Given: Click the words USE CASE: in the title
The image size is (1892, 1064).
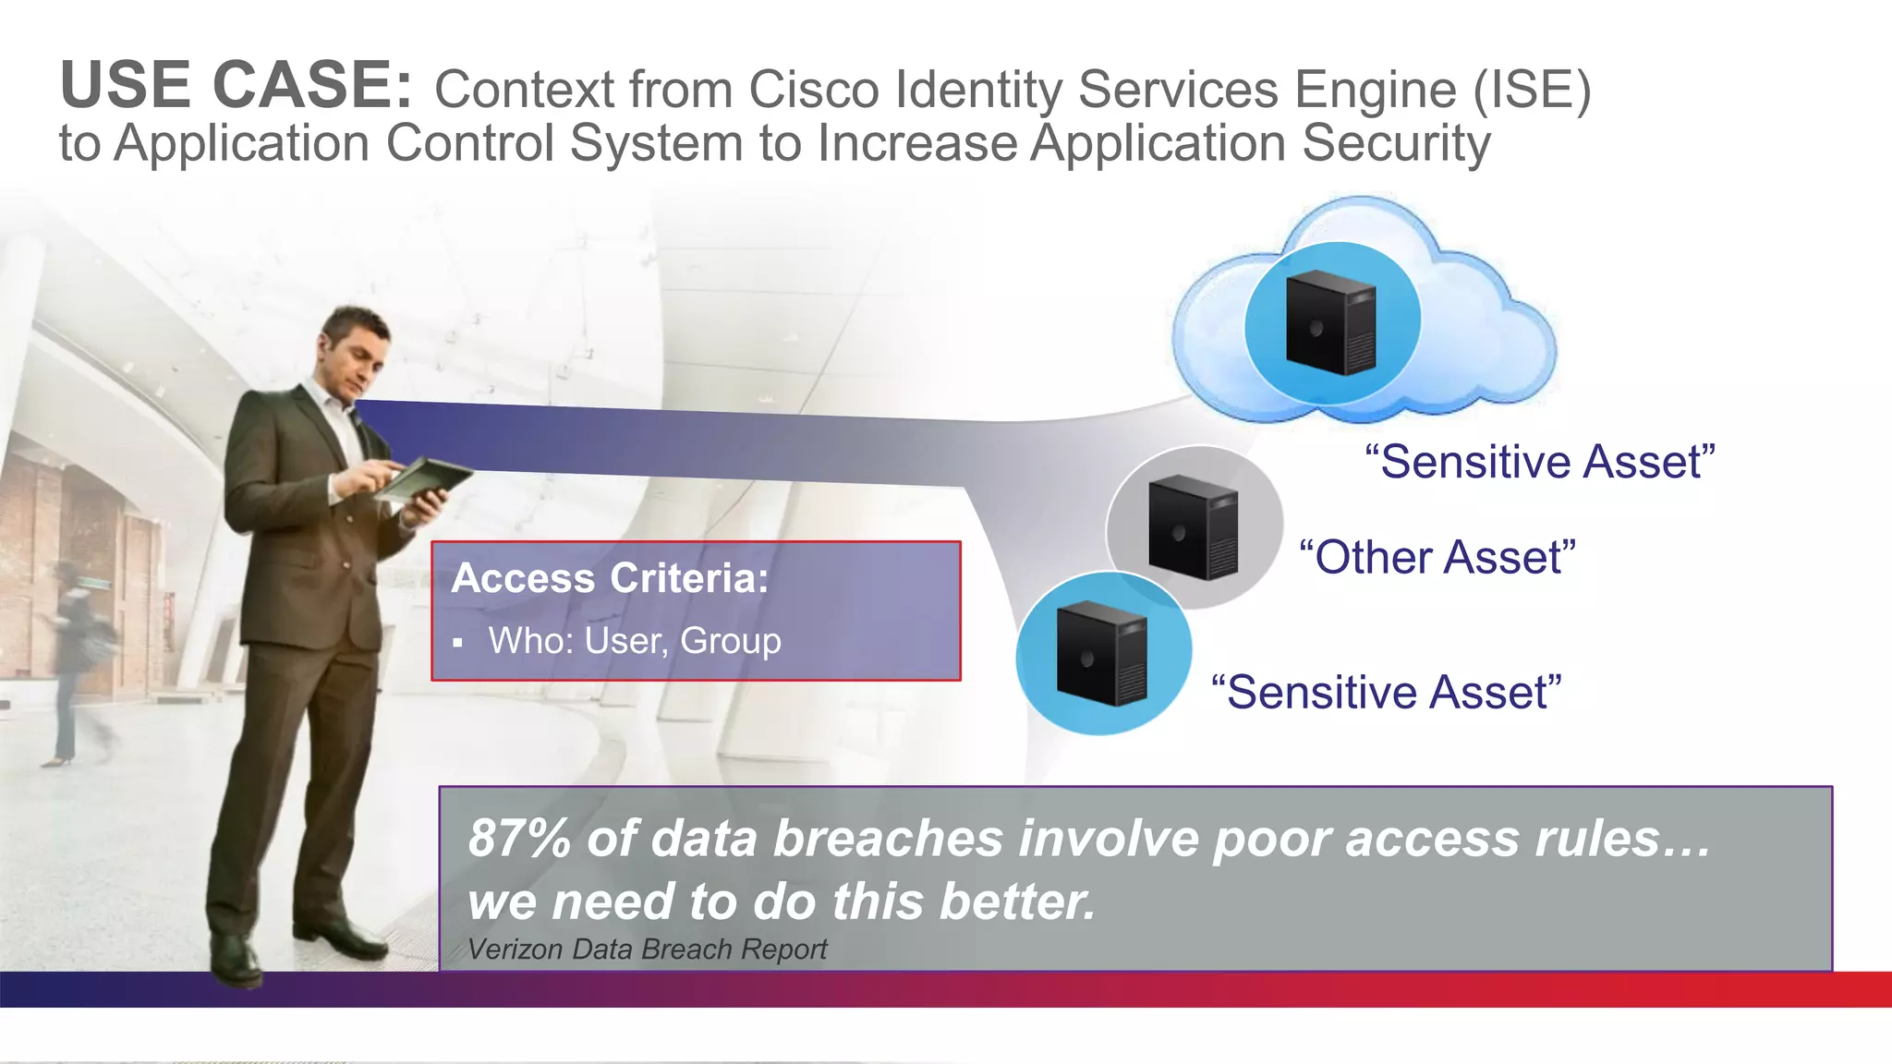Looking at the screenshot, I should [236, 85].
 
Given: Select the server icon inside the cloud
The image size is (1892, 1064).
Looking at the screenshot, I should [1331, 322].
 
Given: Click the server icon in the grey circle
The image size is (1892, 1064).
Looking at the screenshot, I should [1193, 527].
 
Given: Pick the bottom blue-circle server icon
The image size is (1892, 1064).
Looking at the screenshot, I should [1102, 653].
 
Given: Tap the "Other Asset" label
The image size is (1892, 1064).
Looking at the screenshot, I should [1437, 557].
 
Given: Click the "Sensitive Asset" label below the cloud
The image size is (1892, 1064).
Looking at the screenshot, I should [1540, 461].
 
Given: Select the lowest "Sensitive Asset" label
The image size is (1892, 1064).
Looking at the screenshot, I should [1386, 692].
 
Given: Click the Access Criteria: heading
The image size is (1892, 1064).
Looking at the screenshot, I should [610, 578].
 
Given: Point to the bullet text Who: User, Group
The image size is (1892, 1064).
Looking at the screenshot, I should [635, 641].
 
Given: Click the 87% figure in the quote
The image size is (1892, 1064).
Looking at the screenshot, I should [519, 839].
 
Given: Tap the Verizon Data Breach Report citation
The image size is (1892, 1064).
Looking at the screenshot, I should [647, 949].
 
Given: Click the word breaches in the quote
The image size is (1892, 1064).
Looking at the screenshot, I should [888, 839].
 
